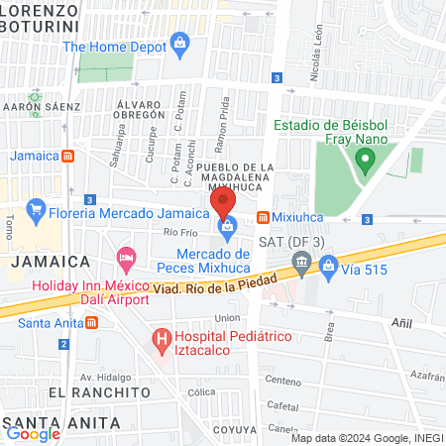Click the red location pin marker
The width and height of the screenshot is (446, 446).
coord(223,202)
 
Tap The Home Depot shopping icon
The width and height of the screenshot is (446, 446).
coord(179,42)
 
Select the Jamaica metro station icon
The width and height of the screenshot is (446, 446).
coord(67,156)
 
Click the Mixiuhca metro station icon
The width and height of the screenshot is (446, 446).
coord(263,217)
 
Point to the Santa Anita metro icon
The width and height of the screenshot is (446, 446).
coord(91,322)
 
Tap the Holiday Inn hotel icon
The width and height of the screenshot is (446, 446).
coord(126,260)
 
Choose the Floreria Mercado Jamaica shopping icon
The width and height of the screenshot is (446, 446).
coord(36,209)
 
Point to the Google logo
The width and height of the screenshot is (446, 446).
coord(33,433)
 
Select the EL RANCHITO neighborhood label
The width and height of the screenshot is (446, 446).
coord(56,392)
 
